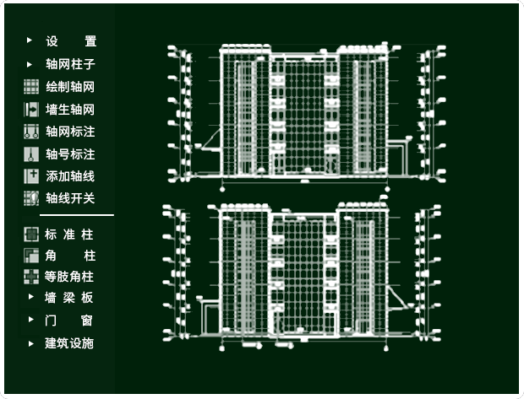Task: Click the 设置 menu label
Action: pos(71,40)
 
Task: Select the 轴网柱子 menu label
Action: pos(70,63)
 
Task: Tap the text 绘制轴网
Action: pos(70,86)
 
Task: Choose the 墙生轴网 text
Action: pos(70,109)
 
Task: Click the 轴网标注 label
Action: pos(70,132)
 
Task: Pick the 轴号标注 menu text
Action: pos(70,154)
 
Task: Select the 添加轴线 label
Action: pos(70,176)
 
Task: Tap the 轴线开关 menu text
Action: pos(70,198)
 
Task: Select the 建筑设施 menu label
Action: pos(69,343)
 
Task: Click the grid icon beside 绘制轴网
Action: pos(31,86)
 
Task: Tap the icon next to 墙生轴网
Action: pos(31,109)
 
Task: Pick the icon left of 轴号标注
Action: pos(31,154)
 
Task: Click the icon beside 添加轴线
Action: pos(31,176)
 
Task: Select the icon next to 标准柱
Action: pos(31,234)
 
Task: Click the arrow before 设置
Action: pos(30,40)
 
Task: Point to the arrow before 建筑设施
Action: pos(30,343)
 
